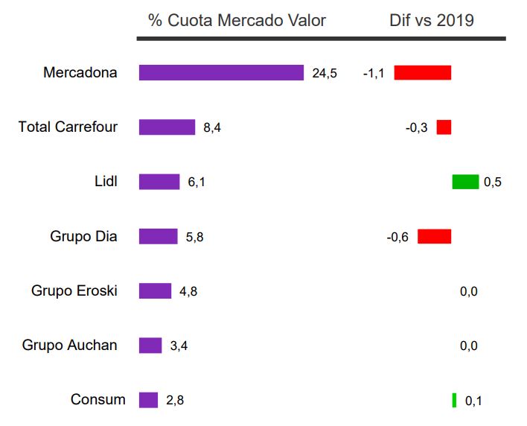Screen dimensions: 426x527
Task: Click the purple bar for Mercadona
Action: pyautogui.click(x=221, y=72)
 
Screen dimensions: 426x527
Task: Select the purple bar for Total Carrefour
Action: pyautogui.click(x=167, y=127)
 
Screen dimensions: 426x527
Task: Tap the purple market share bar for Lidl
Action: pyautogui.click(x=159, y=182)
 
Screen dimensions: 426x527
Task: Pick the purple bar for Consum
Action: pyautogui.click(x=149, y=400)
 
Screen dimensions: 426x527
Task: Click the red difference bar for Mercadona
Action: pyautogui.click(x=423, y=72)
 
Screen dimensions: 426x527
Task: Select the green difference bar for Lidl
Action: pyautogui.click(x=465, y=182)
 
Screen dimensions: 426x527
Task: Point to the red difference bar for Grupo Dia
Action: pyautogui.click(x=435, y=237)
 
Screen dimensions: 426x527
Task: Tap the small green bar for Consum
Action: pyautogui.click(x=454, y=400)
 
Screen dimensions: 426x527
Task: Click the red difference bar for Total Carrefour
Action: pyautogui.click(x=444, y=127)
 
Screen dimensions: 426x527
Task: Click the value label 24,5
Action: pyautogui.click(x=325, y=73)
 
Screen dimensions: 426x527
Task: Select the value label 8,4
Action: pyautogui.click(x=212, y=128)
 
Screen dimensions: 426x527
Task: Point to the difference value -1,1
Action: pyautogui.click(x=374, y=73)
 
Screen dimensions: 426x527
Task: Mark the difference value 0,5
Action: pyautogui.click(x=493, y=182)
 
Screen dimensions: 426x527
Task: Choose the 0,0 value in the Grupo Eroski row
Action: pyautogui.click(x=468, y=291)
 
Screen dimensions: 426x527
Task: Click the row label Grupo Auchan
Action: pyautogui.click(x=69, y=345)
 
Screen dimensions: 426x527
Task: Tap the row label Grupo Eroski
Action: pyautogui.click(x=74, y=290)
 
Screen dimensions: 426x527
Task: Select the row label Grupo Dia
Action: pyautogui.click(x=83, y=236)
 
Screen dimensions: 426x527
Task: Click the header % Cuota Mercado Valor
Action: pyautogui.click(x=237, y=20)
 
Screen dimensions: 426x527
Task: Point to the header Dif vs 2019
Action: pyautogui.click(x=432, y=20)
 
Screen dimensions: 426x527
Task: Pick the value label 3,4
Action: pyautogui.click(x=179, y=346)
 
